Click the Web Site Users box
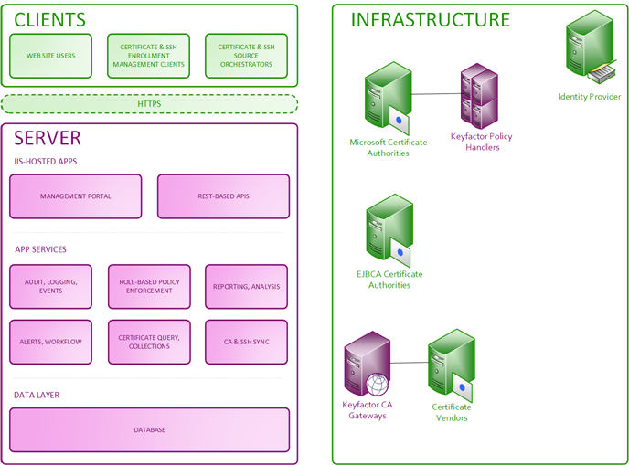pos(51,56)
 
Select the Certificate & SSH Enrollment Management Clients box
pos(148,56)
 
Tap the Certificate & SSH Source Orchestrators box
pos(246,56)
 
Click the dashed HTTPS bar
pos(149,104)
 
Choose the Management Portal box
pos(75,196)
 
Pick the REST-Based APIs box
pos(223,196)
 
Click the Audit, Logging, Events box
pos(51,287)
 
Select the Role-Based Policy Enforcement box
pos(149,287)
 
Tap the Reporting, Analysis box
pos(246,287)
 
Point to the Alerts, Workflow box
pos(51,342)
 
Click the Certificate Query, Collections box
pos(149,342)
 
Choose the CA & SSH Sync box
pos(246,342)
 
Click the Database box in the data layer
pos(149,430)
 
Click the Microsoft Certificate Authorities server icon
pos(388,99)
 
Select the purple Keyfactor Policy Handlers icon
pos(479,96)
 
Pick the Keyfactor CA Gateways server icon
pos(367,364)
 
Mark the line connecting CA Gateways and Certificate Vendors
pos(410,363)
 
